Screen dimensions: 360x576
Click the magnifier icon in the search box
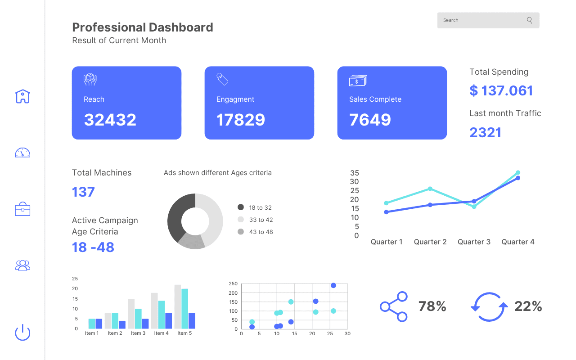[529, 20]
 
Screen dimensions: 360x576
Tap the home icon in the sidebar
[22, 96]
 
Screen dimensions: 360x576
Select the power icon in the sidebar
[22, 333]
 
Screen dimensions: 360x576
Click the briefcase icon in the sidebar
[22, 209]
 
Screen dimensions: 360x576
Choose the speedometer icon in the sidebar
[22, 153]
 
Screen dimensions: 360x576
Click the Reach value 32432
[110, 120]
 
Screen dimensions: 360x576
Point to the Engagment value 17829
[241, 120]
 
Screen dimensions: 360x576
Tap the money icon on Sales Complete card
[358, 81]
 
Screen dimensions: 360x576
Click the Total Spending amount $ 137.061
[501, 90]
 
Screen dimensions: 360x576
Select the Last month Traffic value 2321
[485, 132]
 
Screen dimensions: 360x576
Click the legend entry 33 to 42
[261, 220]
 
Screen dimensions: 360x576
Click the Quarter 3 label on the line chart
[474, 242]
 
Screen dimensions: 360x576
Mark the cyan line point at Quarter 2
[430, 189]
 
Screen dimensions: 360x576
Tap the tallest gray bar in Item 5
[178, 306]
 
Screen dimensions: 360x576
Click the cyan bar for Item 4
[162, 315]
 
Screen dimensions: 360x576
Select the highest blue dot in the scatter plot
[333, 285]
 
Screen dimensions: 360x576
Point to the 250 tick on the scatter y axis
[233, 283]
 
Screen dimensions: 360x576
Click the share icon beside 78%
[394, 306]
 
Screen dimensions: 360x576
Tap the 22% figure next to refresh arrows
[528, 306]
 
